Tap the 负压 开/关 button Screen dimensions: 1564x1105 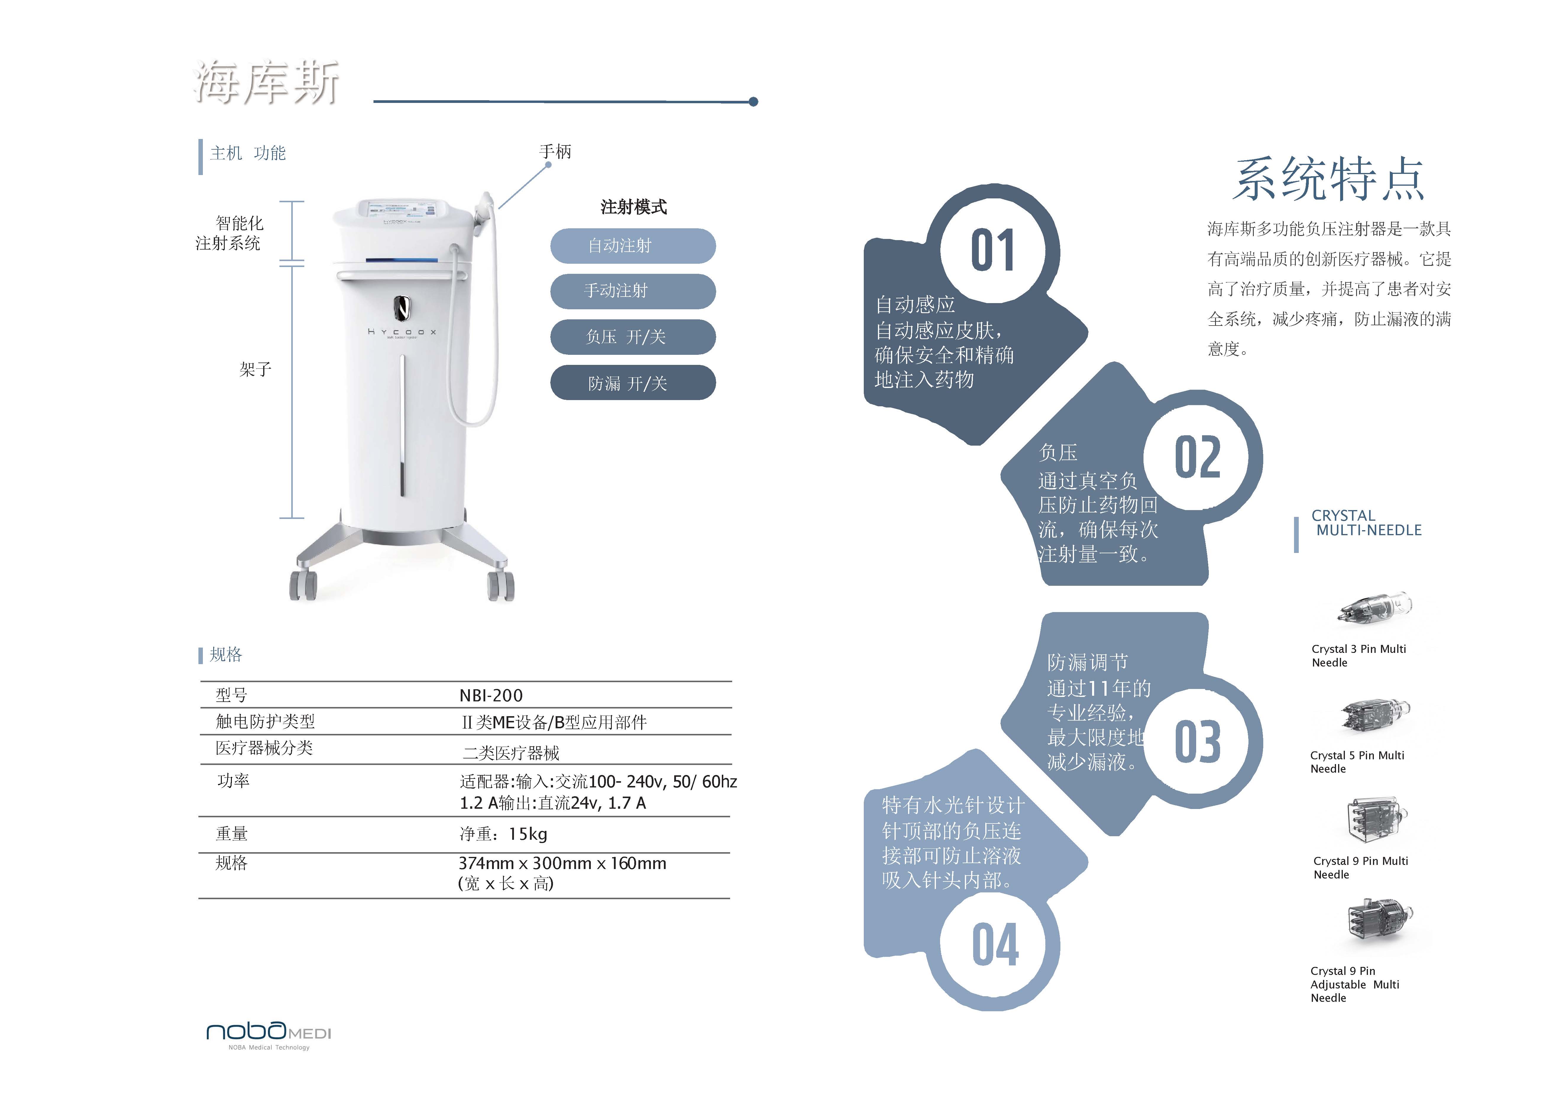633,336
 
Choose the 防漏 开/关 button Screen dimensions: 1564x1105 633,383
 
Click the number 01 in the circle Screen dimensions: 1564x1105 992,251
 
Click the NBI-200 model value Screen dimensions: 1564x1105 491,695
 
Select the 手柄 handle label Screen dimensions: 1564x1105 555,151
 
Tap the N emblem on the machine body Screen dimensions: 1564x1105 402,309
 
